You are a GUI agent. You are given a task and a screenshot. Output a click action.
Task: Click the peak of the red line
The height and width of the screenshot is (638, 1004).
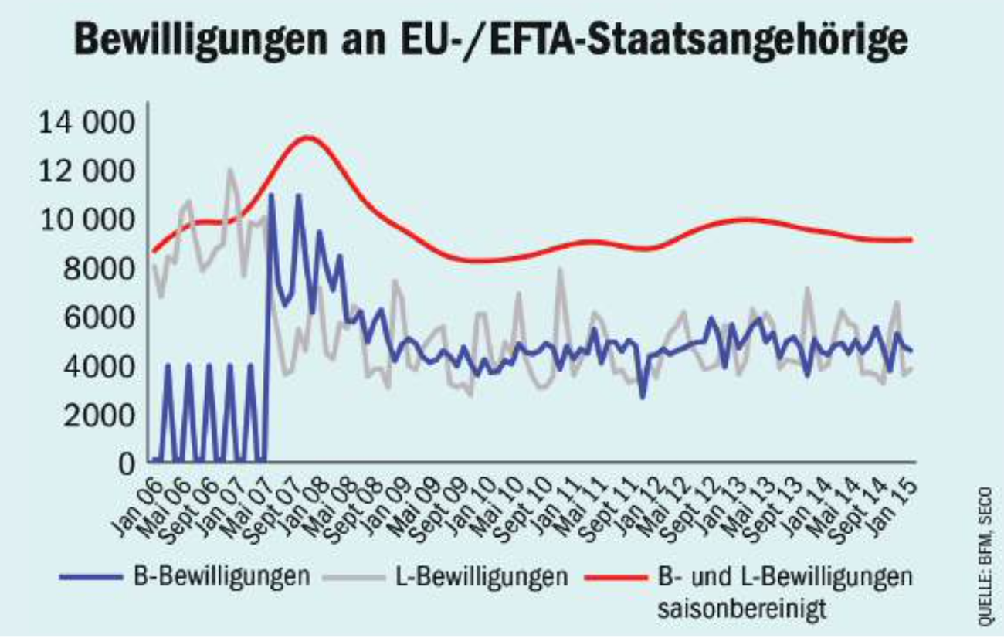click(x=307, y=137)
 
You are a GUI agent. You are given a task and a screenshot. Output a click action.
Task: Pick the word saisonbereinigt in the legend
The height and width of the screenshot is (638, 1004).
click(x=742, y=608)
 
